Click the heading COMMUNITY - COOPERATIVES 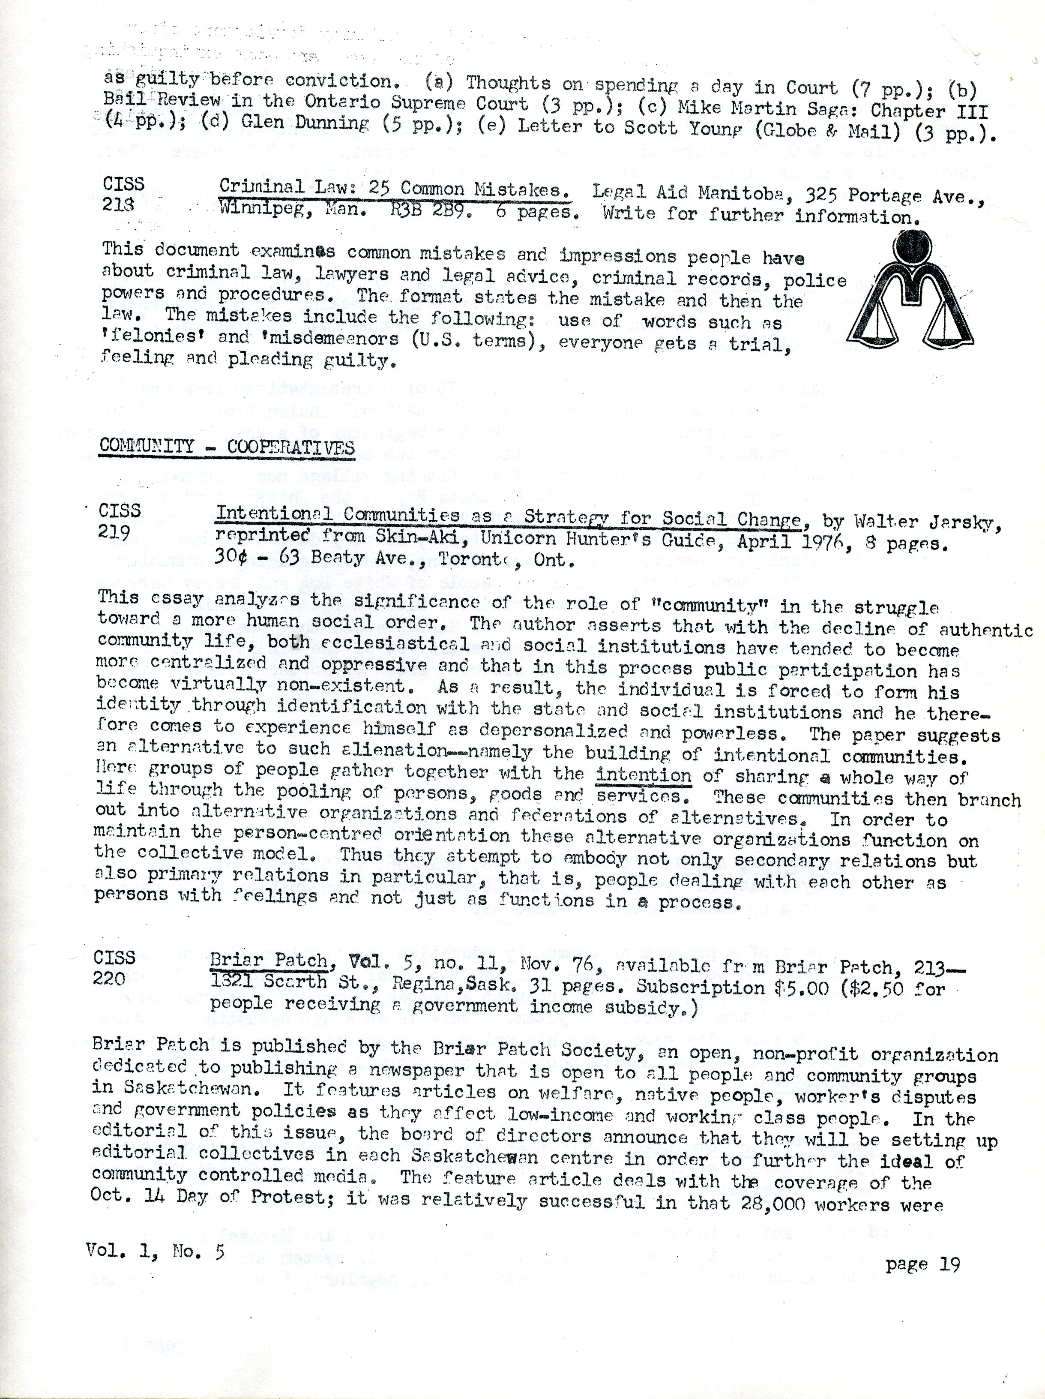(x=226, y=447)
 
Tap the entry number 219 (x=114, y=532)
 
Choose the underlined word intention (x=643, y=775)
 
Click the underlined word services (x=638, y=796)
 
